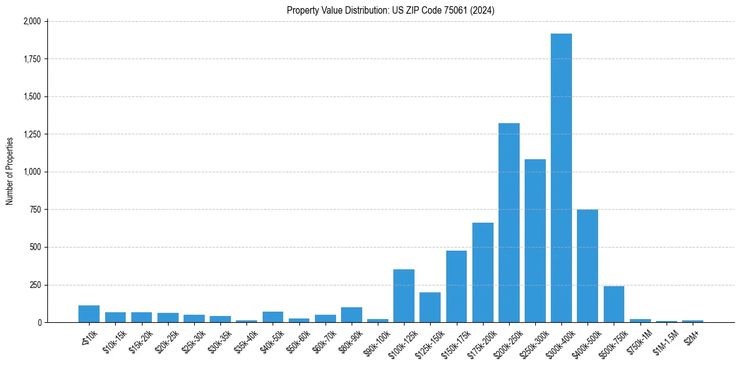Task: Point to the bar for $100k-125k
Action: [x=403, y=296]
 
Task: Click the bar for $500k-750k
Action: [x=614, y=304]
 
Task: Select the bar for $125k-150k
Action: [x=429, y=307]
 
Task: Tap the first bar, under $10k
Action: [x=89, y=314]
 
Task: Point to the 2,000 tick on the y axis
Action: [x=32, y=21]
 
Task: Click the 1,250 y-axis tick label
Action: [x=32, y=134]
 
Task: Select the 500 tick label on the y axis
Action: [x=35, y=247]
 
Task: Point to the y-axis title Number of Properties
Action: [x=9, y=172]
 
